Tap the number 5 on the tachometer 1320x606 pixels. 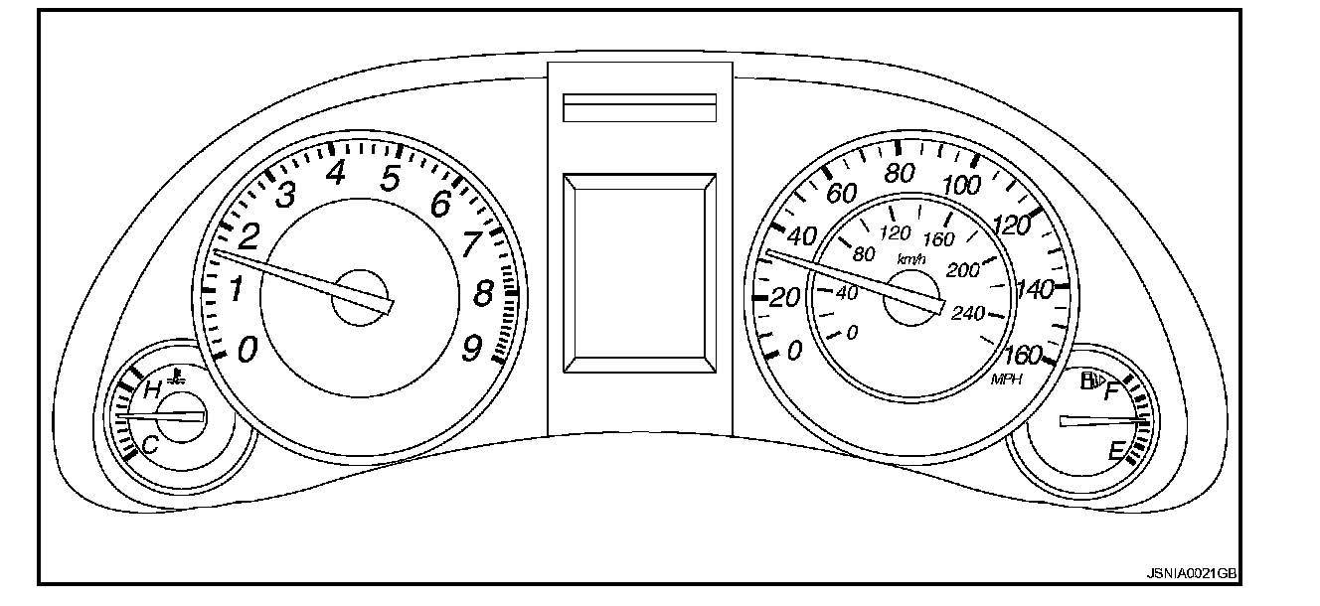tap(389, 179)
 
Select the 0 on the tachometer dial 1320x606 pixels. tap(247, 349)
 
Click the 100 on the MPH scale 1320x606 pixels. tap(961, 186)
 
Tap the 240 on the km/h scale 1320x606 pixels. tap(968, 314)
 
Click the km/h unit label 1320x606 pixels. tap(910, 259)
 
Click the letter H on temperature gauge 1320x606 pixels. tap(152, 390)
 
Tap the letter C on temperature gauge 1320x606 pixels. tap(150, 446)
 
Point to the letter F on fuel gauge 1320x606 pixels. tap(1112, 391)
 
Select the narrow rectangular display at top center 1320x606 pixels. tap(639, 107)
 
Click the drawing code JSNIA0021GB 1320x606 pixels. tap(1191, 574)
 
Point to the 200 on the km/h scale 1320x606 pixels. tap(963, 270)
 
